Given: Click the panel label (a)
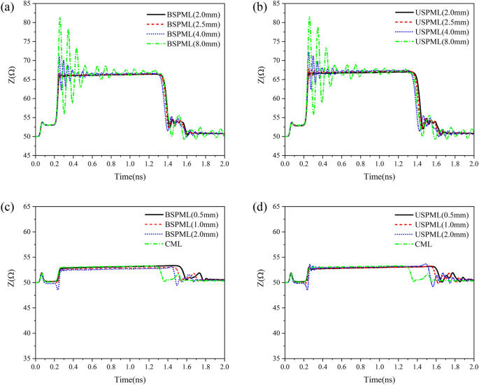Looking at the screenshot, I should pyautogui.click(x=9, y=6).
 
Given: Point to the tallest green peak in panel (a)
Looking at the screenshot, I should pyautogui.click(x=59, y=17).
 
